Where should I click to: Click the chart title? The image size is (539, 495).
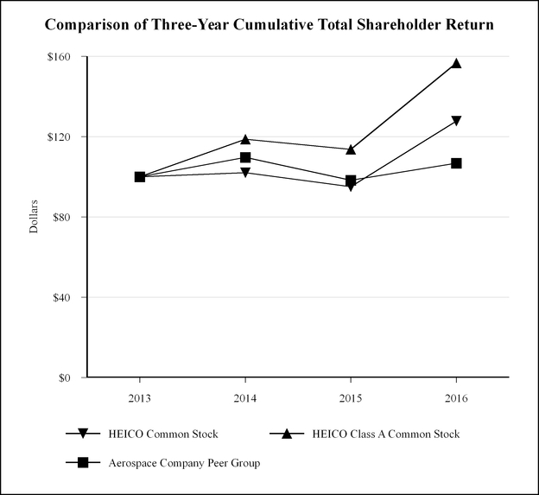click(x=269, y=25)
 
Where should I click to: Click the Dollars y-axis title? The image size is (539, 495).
click(x=35, y=217)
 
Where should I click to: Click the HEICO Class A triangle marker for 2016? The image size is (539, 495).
click(x=456, y=63)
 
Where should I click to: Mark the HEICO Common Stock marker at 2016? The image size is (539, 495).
click(x=456, y=121)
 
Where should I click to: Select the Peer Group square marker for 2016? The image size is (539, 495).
click(x=456, y=163)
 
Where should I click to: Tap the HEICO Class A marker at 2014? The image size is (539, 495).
click(x=245, y=139)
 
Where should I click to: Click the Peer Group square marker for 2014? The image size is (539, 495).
click(x=245, y=157)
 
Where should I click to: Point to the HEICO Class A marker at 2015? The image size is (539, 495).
click(x=351, y=149)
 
